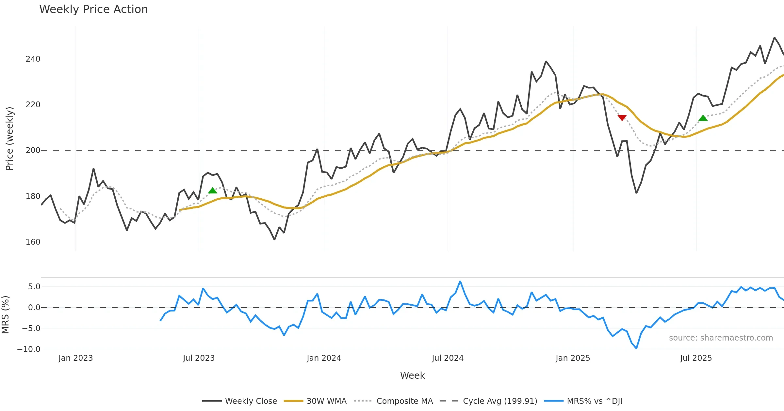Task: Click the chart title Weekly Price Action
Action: pyautogui.click(x=93, y=9)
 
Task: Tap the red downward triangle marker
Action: pyautogui.click(x=622, y=117)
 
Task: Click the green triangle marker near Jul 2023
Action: pyautogui.click(x=213, y=190)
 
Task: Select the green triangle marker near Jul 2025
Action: pyautogui.click(x=703, y=118)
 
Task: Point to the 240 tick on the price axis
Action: pyautogui.click(x=33, y=59)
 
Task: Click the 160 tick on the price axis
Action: pyautogui.click(x=33, y=242)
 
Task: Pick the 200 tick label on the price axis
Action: pyautogui.click(x=33, y=150)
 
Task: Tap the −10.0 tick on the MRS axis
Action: pyautogui.click(x=29, y=349)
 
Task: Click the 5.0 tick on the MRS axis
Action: pyautogui.click(x=34, y=287)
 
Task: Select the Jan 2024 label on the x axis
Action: pyautogui.click(x=324, y=358)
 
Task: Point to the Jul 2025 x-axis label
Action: pyautogui.click(x=696, y=358)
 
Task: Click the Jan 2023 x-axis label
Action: pyautogui.click(x=75, y=358)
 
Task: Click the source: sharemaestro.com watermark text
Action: pyautogui.click(x=721, y=338)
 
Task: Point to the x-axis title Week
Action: pyautogui.click(x=412, y=376)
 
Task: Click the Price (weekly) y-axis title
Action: pyautogui.click(x=9, y=139)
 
